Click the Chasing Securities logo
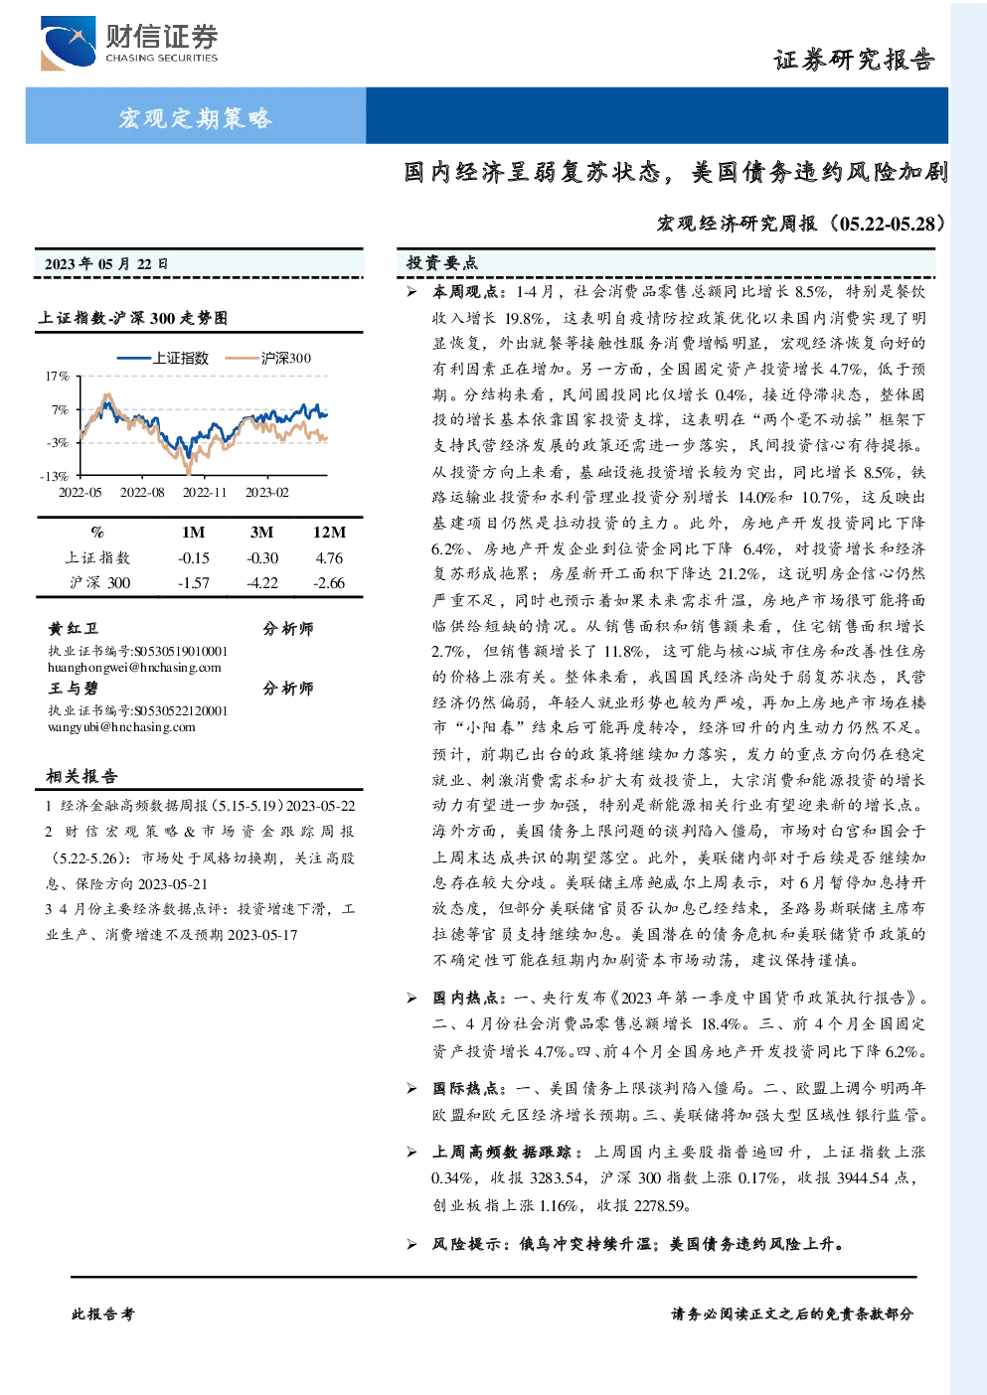[129, 43]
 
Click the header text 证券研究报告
[854, 60]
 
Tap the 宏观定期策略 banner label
[196, 117]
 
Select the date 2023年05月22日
[106, 264]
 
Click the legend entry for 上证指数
[163, 358]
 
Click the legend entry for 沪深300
[268, 358]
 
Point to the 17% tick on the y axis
[57, 377]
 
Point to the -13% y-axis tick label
[55, 476]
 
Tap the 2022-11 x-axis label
[205, 493]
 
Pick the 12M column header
[329, 533]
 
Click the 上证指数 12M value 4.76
[329, 558]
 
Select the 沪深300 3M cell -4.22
[261, 583]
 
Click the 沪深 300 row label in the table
[99, 583]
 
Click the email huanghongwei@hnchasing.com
[134, 668]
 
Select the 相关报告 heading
[82, 777]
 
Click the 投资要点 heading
[442, 263]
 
